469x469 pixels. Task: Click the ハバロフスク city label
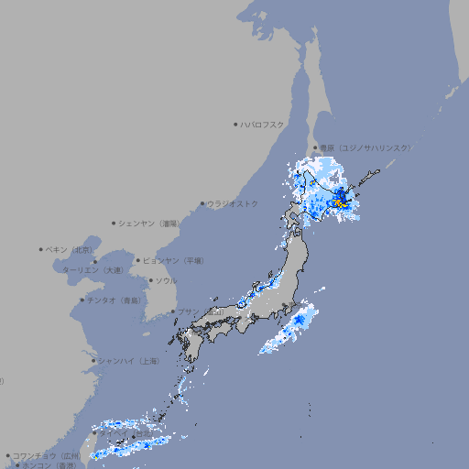pyautogui.click(x=263, y=124)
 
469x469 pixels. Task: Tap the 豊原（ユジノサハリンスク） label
pyautogui.click(x=365, y=147)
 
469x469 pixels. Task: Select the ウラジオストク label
pyautogui.click(x=233, y=203)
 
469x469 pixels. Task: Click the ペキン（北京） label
pyautogui.click(x=70, y=249)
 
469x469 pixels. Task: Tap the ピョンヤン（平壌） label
pyautogui.click(x=174, y=260)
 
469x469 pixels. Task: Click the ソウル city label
pyautogui.click(x=166, y=280)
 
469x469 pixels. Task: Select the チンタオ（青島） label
pyautogui.click(x=115, y=300)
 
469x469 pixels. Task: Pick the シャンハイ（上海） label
pyautogui.click(x=128, y=361)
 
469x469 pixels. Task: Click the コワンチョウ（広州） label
pyautogui.click(x=46, y=455)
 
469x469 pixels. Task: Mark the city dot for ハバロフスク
pyautogui.click(x=235, y=124)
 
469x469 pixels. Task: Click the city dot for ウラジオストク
pyautogui.click(x=202, y=203)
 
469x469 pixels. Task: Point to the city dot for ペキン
pyautogui.click(x=41, y=249)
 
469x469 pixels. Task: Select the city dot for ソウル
pyautogui.click(x=149, y=280)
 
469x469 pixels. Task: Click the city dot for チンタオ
pyautogui.click(x=82, y=300)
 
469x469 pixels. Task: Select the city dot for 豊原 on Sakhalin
pyautogui.click(x=315, y=147)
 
